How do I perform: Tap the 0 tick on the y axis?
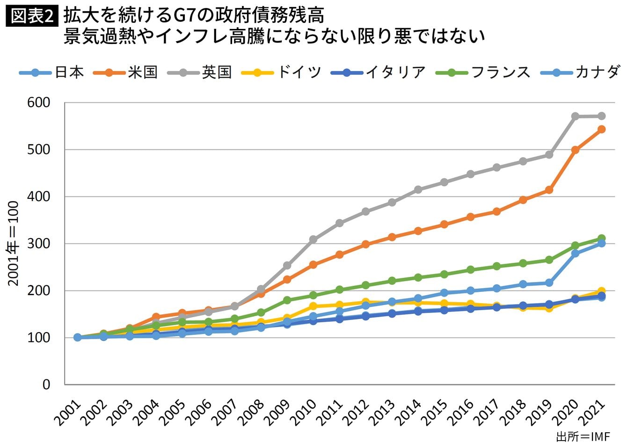pos(46,385)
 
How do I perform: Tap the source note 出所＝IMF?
pos(583,436)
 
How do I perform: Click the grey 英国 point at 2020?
pos(576,116)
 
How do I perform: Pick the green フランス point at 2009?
pos(287,300)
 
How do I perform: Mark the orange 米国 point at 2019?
pos(549,190)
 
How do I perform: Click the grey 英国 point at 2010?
pos(313,240)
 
